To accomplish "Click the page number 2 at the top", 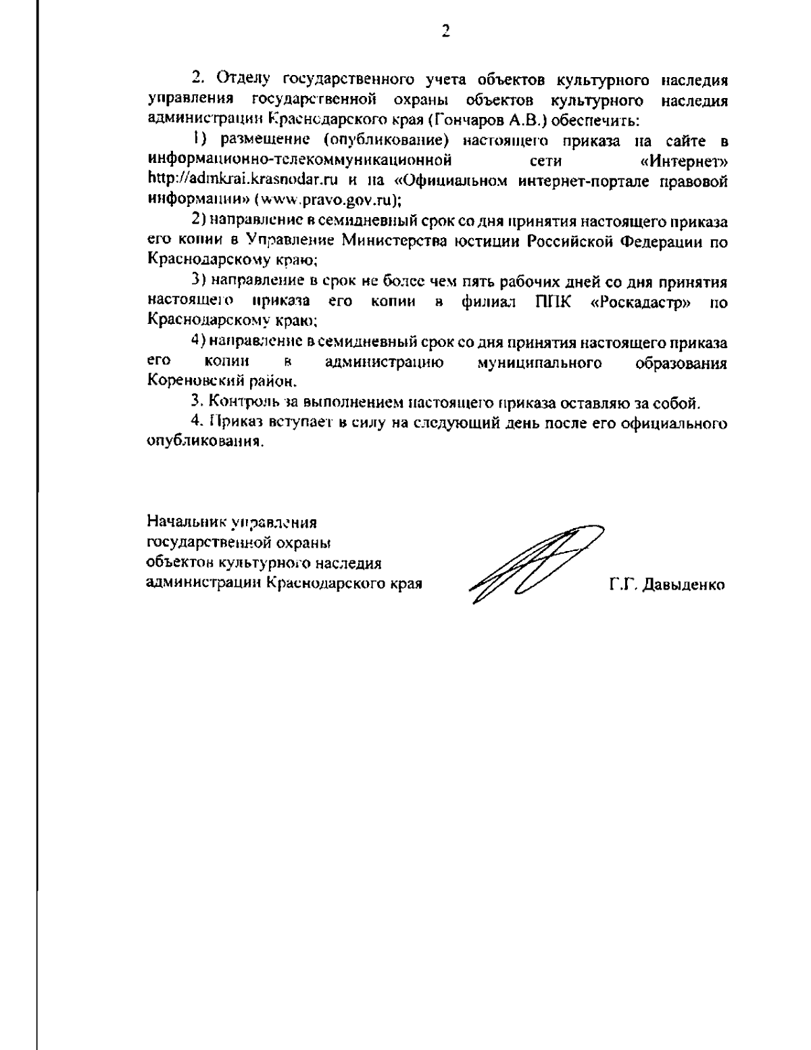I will [x=445, y=31].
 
